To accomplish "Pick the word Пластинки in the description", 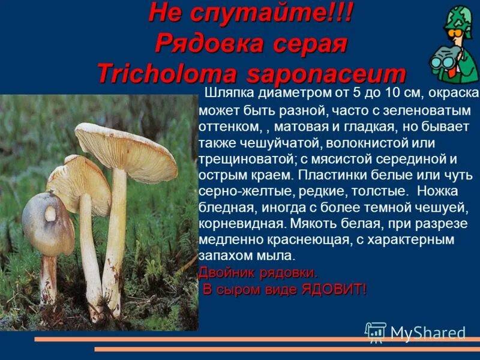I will pyautogui.click(x=331, y=177).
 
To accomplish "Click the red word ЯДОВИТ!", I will pyautogui.click(x=334, y=290).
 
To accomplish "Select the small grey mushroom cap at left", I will pyautogui.click(x=47, y=222).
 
